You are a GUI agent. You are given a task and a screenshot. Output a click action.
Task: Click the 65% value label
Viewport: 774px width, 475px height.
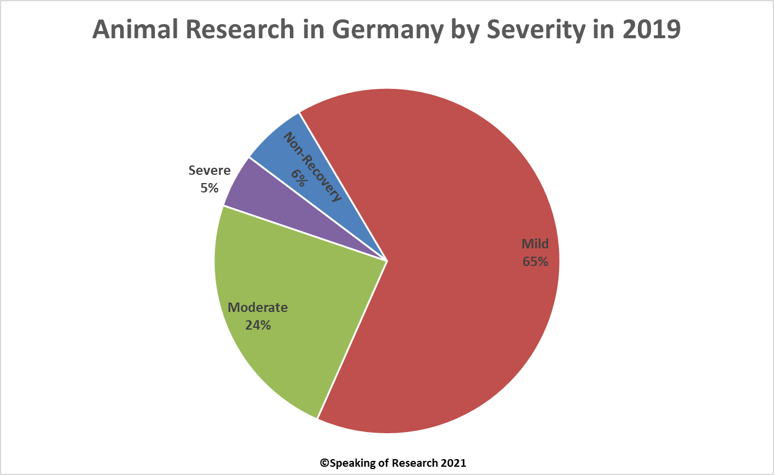535,261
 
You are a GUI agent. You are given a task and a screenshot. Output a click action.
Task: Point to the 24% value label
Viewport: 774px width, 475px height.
258,324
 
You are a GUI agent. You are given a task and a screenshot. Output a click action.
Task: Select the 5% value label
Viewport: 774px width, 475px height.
209,188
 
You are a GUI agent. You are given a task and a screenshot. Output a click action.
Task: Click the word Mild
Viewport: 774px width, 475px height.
535,244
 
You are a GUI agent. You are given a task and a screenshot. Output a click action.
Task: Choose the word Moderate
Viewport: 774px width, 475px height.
258,307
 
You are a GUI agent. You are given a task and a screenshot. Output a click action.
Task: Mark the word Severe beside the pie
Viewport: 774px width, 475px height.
209,171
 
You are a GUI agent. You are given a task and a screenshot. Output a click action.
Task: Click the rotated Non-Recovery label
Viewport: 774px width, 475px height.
312,167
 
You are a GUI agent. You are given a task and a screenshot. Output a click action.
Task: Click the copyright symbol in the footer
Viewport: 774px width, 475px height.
323,463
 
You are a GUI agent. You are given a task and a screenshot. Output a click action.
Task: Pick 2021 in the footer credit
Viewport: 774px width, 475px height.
454,463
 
